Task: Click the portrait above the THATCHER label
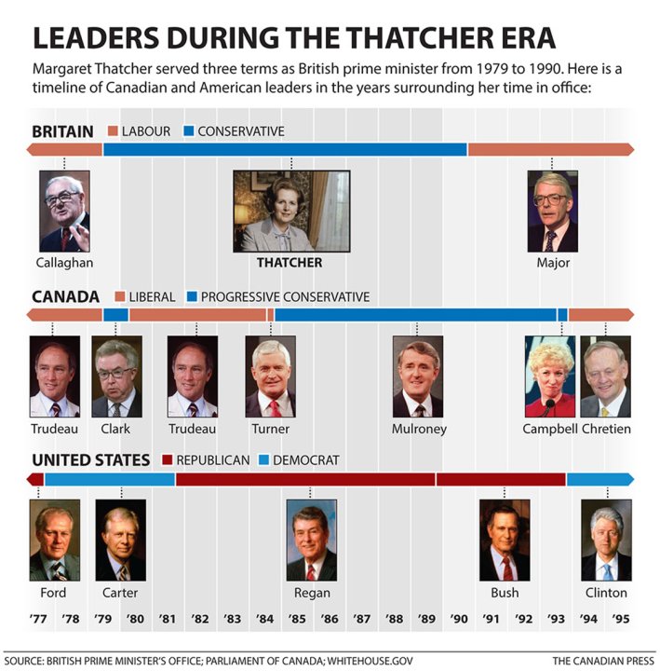(291, 212)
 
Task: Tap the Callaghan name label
(64, 263)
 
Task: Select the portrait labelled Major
(552, 212)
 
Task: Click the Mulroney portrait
(417, 377)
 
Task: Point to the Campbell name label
(551, 429)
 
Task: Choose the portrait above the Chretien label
(605, 377)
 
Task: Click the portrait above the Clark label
(116, 377)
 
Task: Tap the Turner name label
(270, 429)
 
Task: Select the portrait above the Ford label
(54, 541)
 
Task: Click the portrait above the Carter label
(120, 541)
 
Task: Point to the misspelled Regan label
(312, 593)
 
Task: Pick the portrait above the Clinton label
(606, 541)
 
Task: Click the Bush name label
(505, 593)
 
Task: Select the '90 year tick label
(459, 619)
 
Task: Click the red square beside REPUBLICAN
(168, 460)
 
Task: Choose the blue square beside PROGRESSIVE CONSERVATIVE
(193, 297)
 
